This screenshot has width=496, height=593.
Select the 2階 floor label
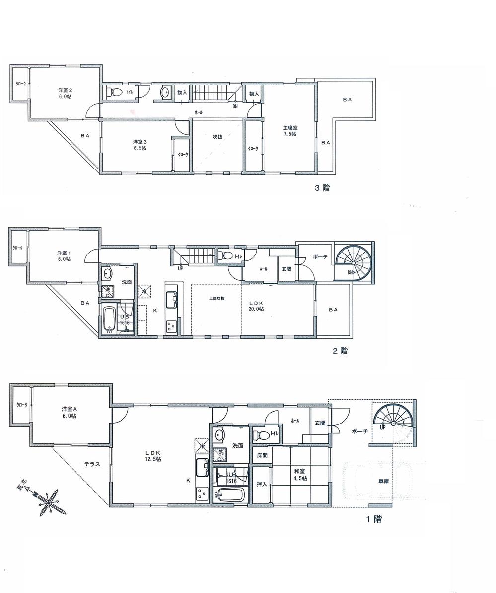coord(340,351)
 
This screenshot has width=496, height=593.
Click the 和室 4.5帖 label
coord(300,475)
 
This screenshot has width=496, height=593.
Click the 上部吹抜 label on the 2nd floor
coord(216,299)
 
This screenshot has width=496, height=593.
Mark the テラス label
coord(92,464)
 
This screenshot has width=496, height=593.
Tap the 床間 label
coord(262,455)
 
